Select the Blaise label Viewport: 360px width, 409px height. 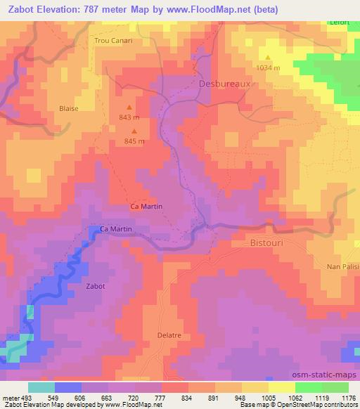pos(68,108)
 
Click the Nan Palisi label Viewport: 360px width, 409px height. pos(343,267)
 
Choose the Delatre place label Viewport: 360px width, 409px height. pos(169,335)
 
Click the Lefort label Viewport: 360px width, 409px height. pos(340,22)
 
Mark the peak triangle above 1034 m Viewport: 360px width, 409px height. pos(268,57)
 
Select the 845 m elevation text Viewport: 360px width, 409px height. pos(134,141)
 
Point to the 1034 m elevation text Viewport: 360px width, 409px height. pos(269,67)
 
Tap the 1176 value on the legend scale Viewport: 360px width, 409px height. pos(347,396)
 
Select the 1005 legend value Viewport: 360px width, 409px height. pos(268,396)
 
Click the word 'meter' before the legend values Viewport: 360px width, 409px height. pos(11,396)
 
